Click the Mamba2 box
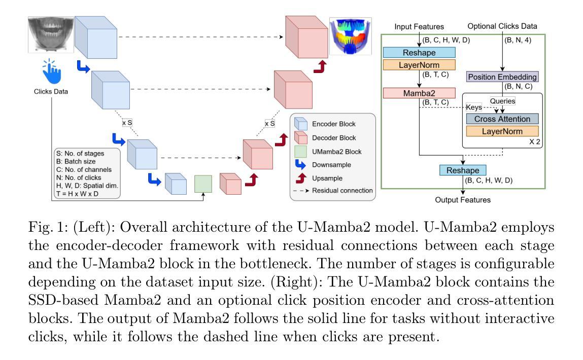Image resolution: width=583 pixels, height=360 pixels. click(x=419, y=93)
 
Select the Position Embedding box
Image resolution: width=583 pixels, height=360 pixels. click(x=502, y=77)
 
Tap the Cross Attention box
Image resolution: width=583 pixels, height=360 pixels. click(x=502, y=119)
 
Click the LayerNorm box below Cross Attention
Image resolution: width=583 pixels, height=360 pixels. click(x=502, y=131)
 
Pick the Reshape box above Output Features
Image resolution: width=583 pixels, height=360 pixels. click(x=463, y=170)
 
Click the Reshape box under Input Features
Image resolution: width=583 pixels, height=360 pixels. click(x=419, y=52)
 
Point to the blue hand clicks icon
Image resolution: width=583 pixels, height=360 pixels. click(x=51, y=71)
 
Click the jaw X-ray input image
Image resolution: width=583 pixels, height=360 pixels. click(x=51, y=34)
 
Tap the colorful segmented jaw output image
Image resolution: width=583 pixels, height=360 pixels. click(x=350, y=37)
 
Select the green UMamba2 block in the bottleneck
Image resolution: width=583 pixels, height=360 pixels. click(x=203, y=184)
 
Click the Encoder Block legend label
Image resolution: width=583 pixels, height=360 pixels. click(x=333, y=124)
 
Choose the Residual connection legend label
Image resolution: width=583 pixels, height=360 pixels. click(x=342, y=191)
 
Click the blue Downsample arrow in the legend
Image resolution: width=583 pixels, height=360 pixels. click(x=300, y=165)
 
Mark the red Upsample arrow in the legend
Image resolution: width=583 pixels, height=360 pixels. click(x=301, y=178)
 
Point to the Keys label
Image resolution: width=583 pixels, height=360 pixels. click(x=474, y=107)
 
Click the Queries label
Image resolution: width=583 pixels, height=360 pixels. click(x=502, y=101)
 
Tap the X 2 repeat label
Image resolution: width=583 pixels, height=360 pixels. click(x=535, y=142)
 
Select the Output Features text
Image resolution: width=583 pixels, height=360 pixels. click(x=463, y=200)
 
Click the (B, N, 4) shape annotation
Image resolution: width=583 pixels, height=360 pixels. click(x=518, y=40)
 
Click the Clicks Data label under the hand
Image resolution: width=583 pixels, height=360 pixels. click(x=51, y=91)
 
